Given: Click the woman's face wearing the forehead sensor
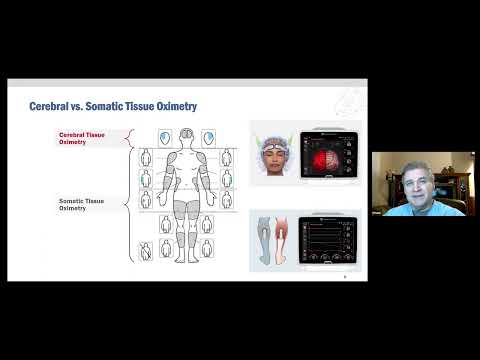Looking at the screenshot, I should tap(274, 154).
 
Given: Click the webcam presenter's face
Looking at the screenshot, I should tap(412, 184).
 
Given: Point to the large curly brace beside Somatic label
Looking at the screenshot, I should tap(126, 205).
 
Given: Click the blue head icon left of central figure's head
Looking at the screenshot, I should tap(166, 137).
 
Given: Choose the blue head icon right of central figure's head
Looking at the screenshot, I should tap(208, 137).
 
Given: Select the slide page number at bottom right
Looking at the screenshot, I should tap(344, 276).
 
